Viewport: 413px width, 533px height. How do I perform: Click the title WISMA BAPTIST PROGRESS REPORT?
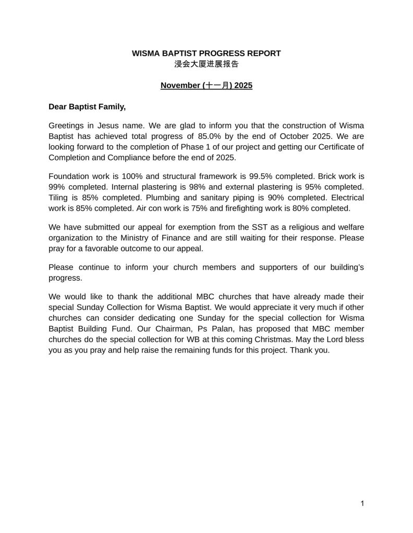point(207,53)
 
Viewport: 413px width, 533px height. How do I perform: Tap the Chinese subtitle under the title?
point(207,64)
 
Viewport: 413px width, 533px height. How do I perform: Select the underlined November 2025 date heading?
point(207,85)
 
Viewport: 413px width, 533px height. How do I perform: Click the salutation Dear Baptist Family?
point(87,107)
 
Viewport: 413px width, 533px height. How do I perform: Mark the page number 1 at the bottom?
point(361,503)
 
